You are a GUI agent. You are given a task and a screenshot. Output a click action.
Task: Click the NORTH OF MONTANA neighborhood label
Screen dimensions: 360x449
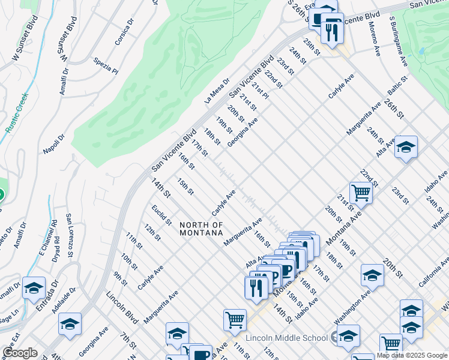point(201,229)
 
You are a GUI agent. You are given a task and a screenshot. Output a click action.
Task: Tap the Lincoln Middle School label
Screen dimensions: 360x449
point(297,338)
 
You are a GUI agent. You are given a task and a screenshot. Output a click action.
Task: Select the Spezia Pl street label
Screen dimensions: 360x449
point(106,65)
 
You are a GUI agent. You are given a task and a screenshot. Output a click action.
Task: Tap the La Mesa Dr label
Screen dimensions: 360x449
point(217,91)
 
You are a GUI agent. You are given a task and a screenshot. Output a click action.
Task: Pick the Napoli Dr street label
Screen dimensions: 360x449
point(54,144)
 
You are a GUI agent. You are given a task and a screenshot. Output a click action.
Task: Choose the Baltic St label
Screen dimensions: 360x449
point(397,86)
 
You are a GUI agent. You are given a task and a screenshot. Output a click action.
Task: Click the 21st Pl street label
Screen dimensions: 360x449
point(259,92)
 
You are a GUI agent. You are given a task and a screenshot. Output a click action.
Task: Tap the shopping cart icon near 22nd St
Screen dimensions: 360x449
point(361,193)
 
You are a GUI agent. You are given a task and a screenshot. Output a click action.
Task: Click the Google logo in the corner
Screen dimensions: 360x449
point(20,353)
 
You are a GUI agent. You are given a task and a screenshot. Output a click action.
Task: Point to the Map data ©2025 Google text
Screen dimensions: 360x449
point(412,355)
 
